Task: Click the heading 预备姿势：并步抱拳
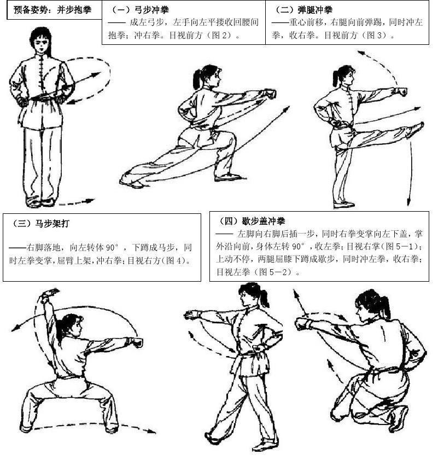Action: pyautogui.click(x=52, y=10)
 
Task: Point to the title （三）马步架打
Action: pyautogui.click(x=40, y=224)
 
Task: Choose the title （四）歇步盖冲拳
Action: pyautogui.click(x=252, y=221)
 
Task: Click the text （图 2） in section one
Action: pyautogui.click(x=220, y=36)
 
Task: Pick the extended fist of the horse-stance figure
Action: pyautogui.click(x=136, y=342)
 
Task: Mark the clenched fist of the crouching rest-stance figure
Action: pyautogui.click(x=302, y=324)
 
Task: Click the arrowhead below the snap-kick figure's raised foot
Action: pyautogui.click(x=408, y=202)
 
